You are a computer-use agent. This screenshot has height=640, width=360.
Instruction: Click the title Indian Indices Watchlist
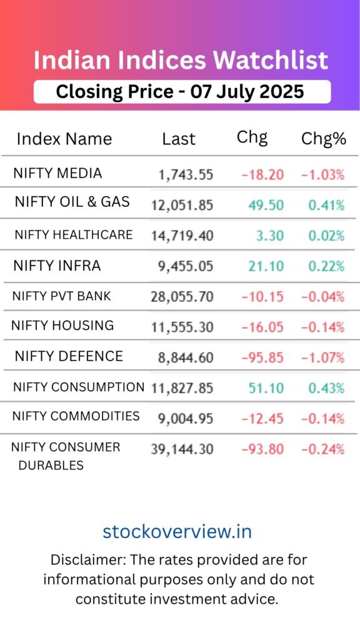(181, 61)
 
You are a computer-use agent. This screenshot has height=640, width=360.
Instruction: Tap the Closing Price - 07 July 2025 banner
(181, 91)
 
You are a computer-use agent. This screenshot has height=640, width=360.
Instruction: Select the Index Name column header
(64, 139)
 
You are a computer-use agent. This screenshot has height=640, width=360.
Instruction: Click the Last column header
(179, 139)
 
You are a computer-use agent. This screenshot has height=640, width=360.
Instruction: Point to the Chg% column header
(323, 139)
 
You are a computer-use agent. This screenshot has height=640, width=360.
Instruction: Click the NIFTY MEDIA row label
(57, 173)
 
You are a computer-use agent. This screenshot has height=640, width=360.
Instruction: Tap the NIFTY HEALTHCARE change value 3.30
(270, 236)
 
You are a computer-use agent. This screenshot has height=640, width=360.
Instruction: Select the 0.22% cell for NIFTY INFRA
(326, 266)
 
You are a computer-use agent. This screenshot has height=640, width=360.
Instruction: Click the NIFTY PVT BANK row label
(61, 296)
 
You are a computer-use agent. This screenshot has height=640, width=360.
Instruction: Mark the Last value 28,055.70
(182, 296)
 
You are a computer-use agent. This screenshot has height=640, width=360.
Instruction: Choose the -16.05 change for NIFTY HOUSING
(262, 327)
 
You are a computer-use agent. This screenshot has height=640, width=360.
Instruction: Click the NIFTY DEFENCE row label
(69, 356)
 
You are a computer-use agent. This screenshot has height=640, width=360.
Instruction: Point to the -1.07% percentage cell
(322, 357)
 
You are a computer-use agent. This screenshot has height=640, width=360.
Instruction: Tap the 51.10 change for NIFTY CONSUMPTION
(266, 388)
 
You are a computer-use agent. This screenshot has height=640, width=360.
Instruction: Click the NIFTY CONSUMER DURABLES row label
(66, 456)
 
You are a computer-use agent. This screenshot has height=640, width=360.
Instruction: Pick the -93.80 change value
(262, 449)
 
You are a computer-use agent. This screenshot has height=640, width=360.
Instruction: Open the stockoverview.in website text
(177, 531)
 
